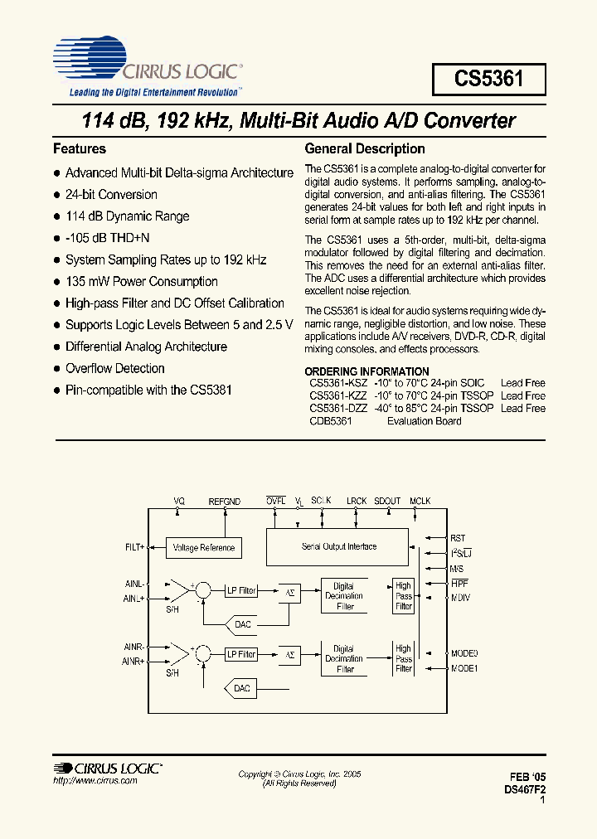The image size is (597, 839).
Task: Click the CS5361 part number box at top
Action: (488, 79)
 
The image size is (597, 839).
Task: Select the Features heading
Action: (80, 149)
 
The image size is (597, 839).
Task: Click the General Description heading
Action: (365, 149)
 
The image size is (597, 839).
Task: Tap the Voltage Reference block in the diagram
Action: (204, 548)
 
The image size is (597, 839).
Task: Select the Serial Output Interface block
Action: (338, 546)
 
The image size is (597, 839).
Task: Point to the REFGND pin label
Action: (224, 502)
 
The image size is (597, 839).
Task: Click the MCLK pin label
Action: (420, 502)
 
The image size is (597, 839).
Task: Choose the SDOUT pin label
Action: (387, 502)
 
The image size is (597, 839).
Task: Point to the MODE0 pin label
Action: (464, 653)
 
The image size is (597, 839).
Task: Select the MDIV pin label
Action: (460, 598)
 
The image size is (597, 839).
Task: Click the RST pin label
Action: (458, 538)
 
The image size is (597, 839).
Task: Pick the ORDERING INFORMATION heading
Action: (366, 371)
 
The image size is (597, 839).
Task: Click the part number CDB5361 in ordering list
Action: (331, 421)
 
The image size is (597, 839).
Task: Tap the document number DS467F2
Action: (525, 790)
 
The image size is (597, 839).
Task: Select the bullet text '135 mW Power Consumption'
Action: (142, 282)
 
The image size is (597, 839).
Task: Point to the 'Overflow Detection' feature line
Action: (115, 368)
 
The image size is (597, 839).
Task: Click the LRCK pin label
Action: (357, 502)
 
